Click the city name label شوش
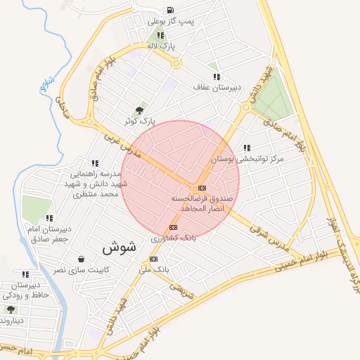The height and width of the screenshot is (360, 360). pos(119,247)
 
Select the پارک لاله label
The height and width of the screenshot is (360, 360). pos(161,46)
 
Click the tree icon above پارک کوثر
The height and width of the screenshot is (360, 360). pos(139,110)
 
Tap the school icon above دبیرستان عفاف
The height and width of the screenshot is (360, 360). pos(216,77)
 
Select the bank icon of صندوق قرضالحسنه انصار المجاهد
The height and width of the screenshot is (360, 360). pos(202,188)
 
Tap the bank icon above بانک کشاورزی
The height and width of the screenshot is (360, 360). pos(173,227)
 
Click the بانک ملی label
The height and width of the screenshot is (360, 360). pos(161,269)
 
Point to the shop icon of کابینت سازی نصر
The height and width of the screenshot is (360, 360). pos(82,259)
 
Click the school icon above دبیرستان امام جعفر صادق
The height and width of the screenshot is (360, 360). pos(49,218)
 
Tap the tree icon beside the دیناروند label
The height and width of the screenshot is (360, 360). pos(10,309)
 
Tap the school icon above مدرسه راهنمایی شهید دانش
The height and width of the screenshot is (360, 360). pos(95,163)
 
